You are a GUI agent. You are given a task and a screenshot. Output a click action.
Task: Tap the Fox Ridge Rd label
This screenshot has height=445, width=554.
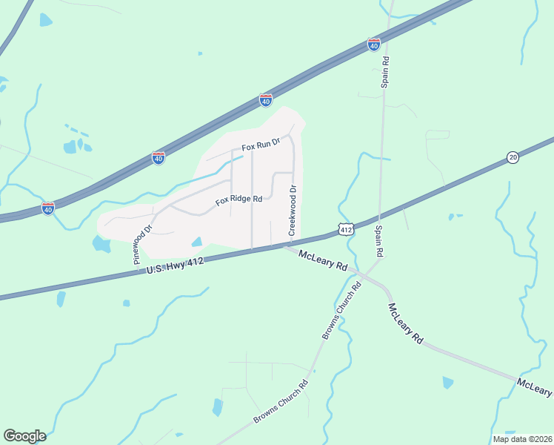(239, 200)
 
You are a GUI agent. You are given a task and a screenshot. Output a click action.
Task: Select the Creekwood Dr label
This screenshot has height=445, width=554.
(293, 211)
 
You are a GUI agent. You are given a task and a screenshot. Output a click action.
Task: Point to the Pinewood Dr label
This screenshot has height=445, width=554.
(142, 245)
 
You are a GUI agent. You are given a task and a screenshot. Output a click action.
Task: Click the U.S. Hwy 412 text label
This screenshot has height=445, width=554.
(175, 266)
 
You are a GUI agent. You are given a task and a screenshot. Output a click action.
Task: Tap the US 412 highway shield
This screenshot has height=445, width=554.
(345, 230)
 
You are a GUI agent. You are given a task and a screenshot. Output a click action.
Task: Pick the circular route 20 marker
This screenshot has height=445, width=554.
(513, 156)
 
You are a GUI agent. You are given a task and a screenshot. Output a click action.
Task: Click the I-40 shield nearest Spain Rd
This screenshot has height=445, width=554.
(374, 44)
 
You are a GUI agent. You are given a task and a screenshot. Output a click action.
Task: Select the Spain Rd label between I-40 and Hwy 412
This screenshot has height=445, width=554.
(385, 71)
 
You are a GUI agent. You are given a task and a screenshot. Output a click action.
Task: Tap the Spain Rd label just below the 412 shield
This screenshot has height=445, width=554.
(378, 242)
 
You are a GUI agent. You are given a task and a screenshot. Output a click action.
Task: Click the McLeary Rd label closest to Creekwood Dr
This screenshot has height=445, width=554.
(323, 260)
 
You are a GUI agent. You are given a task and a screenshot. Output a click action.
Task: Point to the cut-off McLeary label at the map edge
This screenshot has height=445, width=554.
(535, 386)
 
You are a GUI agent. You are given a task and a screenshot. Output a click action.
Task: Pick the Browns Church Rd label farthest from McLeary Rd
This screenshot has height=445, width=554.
(280, 403)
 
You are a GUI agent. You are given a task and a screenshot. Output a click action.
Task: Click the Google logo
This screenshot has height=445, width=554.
(24, 436)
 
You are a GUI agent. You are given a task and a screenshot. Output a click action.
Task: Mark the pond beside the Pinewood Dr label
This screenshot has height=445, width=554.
(101, 244)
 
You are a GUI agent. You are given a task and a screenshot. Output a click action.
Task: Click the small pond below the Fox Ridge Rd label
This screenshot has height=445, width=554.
(197, 241)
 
